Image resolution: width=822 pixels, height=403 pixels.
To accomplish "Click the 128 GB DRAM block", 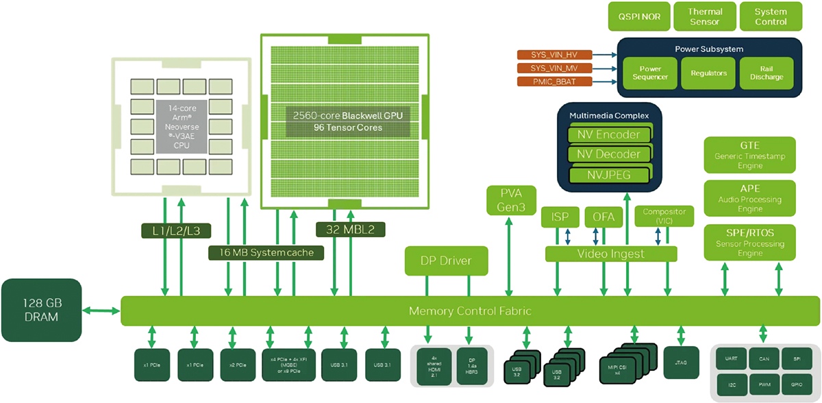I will click(40, 310).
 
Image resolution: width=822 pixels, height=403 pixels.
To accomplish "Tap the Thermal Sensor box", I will click(705, 16).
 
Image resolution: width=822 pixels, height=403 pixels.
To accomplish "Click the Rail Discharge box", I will click(766, 73).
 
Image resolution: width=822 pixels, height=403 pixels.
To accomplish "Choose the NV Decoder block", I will click(608, 154).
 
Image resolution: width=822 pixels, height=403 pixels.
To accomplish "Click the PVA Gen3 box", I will click(510, 200).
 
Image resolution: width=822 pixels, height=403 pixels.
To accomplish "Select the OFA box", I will click(603, 218).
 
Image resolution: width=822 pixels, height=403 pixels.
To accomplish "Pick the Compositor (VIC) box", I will click(663, 217).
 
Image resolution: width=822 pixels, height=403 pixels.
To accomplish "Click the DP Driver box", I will click(446, 260).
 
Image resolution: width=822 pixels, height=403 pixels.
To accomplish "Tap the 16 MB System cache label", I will click(266, 252).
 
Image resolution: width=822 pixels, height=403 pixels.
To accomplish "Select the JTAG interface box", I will click(681, 362).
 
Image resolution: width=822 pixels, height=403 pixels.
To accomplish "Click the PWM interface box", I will click(764, 384).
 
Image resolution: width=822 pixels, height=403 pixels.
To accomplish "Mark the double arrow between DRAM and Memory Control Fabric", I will click(101, 311).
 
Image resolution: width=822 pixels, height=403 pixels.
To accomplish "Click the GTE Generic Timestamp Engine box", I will click(750, 156).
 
